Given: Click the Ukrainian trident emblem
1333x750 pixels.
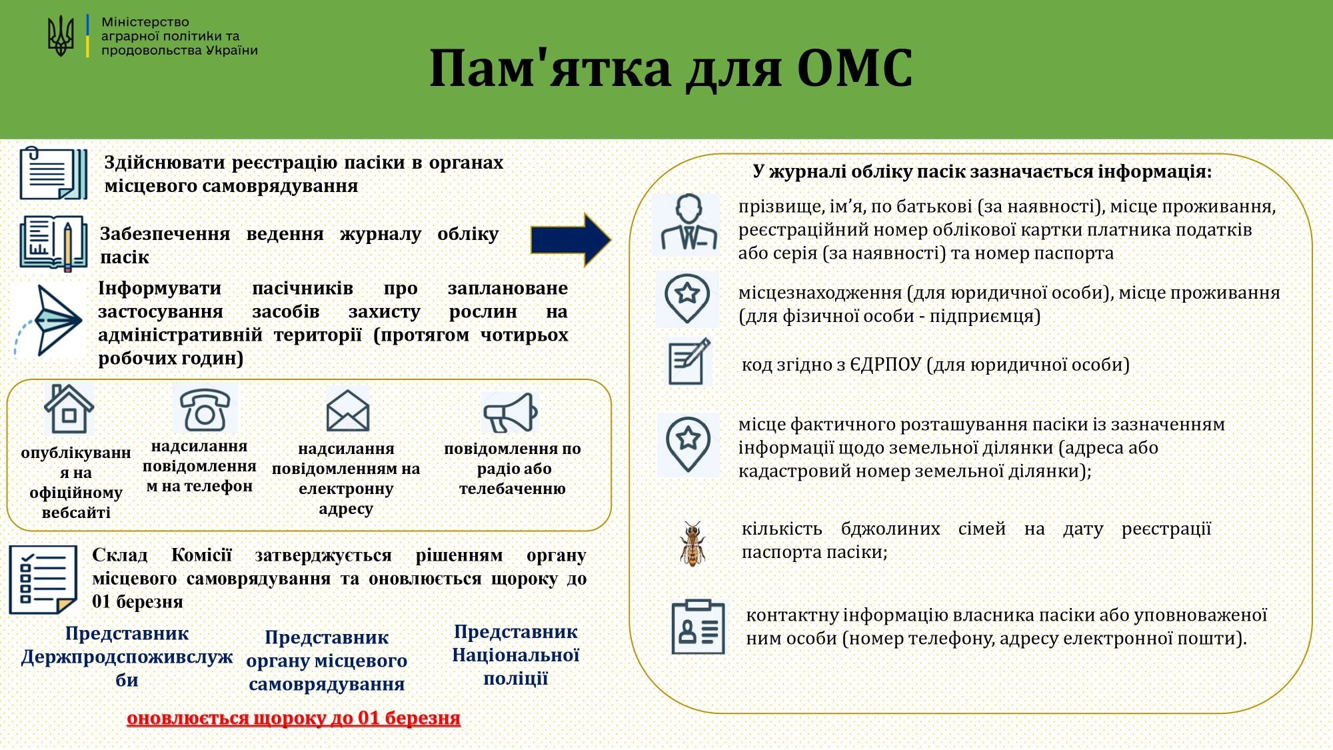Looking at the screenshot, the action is (61, 36).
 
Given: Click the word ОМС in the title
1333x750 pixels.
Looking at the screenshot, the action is (854, 68).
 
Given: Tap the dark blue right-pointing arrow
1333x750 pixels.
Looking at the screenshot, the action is (571, 240).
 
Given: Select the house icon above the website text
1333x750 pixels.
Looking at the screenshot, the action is (69, 409).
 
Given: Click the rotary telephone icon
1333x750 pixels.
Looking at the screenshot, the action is (205, 409).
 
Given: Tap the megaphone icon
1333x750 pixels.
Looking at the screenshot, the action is (510, 413).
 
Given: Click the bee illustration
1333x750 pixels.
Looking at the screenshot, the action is (692, 543).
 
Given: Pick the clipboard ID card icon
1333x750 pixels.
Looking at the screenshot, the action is (698, 627).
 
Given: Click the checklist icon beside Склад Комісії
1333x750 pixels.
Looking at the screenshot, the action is (43, 579).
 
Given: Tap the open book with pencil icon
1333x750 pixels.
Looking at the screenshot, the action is (53, 243).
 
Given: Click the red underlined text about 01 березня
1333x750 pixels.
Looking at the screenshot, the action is (293, 718).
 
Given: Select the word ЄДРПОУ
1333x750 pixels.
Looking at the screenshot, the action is (886, 365).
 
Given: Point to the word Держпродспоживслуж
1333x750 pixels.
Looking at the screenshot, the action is (127, 657).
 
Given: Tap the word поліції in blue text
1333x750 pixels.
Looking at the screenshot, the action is (515, 679).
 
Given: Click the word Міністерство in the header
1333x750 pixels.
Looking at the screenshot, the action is (145, 22).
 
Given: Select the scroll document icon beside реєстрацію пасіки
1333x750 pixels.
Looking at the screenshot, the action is (53, 173).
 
